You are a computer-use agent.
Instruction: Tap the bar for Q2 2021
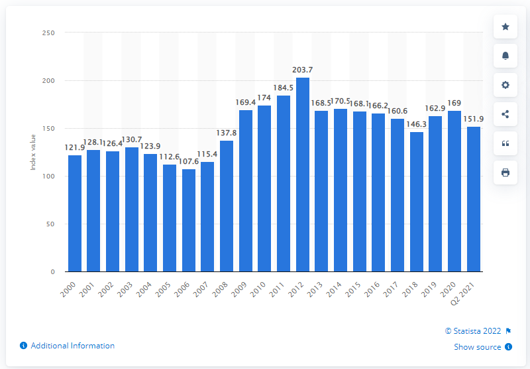click(x=474, y=199)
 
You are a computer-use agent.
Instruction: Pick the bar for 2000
click(x=75, y=213)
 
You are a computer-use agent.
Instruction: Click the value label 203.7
click(x=302, y=70)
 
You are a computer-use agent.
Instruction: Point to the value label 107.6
click(x=189, y=161)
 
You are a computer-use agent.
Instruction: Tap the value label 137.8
click(x=227, y=133)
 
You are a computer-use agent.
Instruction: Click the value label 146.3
click(x=416, y=124)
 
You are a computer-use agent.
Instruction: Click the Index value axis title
click(x=32, y=153)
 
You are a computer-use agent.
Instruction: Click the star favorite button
click(x=505, y=27)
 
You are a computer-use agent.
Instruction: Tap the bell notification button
click(x=505, y=56)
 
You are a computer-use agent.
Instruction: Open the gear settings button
click(x=505, y=85)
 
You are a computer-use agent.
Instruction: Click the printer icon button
click(x=505, y=173)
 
